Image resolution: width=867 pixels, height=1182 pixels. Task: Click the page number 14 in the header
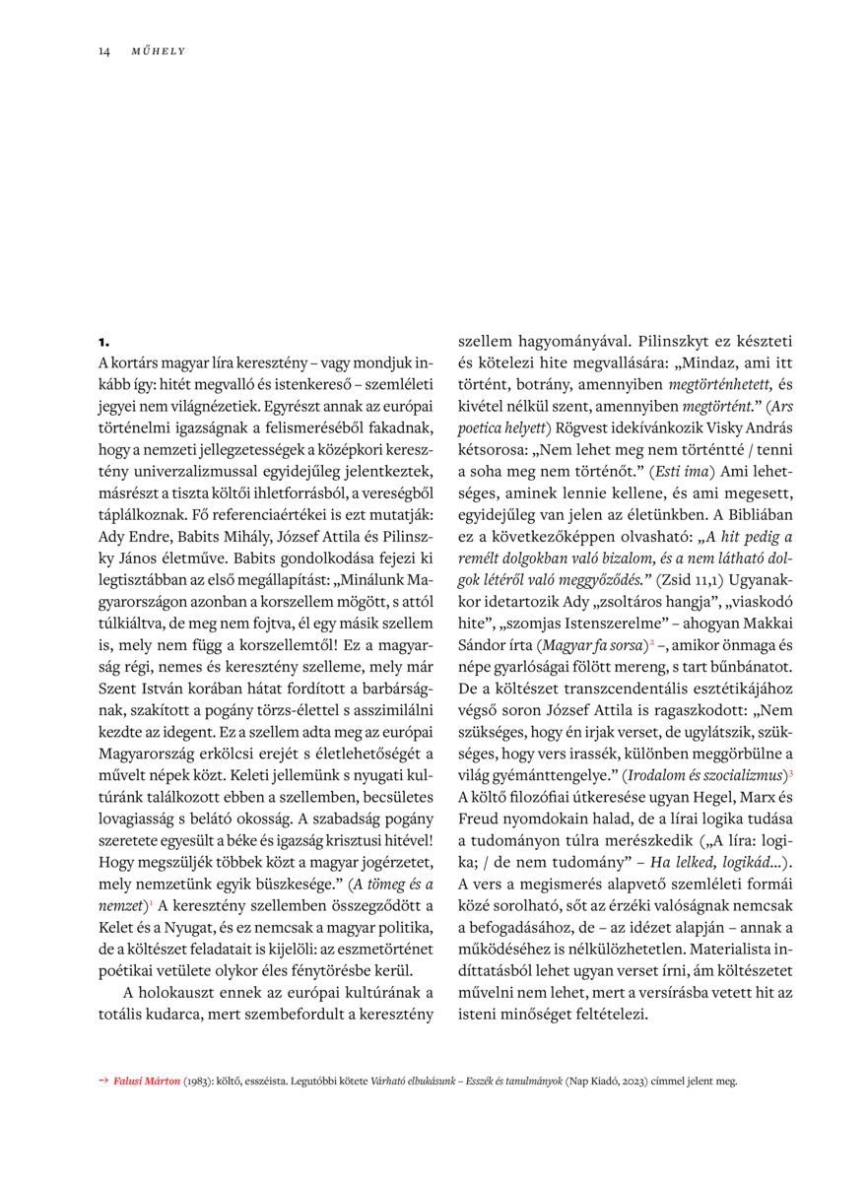coord(103,51)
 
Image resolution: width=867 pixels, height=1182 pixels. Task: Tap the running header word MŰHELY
coord(159,51)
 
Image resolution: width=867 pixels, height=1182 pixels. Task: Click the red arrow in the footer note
coord(103,1081)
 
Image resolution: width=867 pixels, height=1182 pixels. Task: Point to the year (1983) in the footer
coord(205,1081)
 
